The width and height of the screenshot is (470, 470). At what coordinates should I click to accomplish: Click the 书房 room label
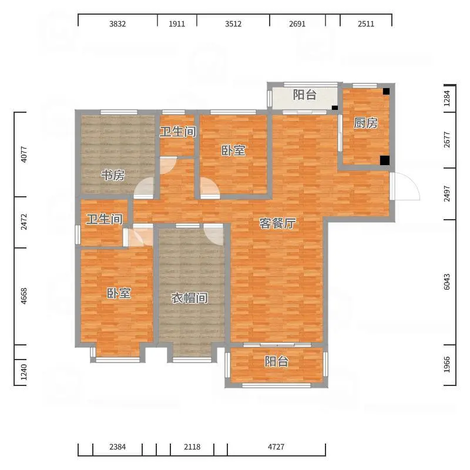(113, 175)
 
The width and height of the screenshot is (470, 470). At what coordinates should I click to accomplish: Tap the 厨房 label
(365, 123)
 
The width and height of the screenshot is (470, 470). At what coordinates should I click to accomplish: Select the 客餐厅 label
(277, 223)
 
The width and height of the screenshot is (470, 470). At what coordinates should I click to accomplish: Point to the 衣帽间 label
(189, 298)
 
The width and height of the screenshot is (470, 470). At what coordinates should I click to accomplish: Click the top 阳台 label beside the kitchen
(305, 95)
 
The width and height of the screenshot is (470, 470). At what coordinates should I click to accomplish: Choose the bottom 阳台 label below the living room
(276, 361)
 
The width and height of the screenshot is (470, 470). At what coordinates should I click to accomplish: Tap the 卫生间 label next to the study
(178, 132)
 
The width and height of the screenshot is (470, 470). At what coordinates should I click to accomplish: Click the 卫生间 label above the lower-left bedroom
(105, 219)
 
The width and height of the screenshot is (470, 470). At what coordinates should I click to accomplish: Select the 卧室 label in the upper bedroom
(233, 150)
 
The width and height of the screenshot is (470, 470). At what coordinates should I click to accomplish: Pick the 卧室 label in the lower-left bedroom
(119, 293)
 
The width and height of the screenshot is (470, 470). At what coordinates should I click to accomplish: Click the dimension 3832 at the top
(117, 23)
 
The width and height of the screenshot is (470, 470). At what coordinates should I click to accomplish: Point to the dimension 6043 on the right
(446, 282)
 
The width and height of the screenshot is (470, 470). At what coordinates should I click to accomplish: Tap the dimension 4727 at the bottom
(276, 447)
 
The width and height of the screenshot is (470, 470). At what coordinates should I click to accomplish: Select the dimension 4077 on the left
(23, 155)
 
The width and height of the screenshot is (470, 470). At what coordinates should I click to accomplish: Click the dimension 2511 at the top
(366, 23)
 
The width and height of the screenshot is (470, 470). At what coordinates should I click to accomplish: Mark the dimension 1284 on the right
(446, 98)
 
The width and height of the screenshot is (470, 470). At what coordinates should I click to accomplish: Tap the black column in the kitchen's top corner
(386, 91)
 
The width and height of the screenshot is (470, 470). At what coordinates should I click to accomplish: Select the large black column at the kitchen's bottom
(385, 160)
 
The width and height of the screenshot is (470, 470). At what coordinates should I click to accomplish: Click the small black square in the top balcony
(335, 108)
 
